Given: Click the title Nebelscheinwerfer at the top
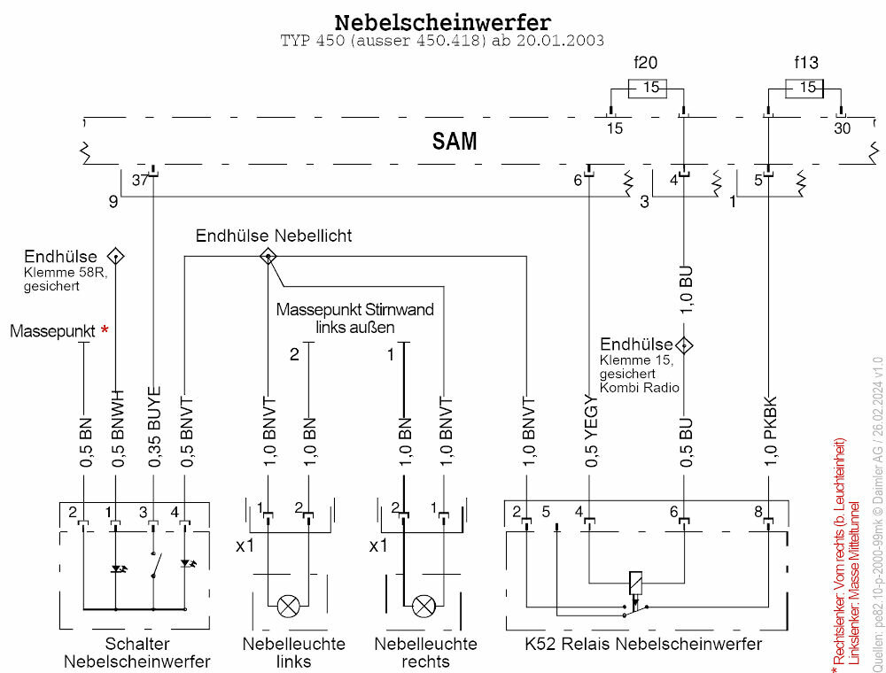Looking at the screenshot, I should point(442,21).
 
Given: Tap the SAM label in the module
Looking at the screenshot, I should point(455,141).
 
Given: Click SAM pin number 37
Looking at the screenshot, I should point(139,180).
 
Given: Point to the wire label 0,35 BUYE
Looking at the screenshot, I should point(154,427).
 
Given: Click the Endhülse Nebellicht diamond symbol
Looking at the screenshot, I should point(268,257).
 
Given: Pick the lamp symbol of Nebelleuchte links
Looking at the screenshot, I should point(288,607).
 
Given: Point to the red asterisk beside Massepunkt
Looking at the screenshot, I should point(105,331).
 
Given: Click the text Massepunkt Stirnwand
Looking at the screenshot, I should point(354,310).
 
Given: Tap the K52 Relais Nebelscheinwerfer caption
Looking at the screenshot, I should point(632,644).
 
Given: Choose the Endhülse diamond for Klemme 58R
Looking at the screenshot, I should point(116,256).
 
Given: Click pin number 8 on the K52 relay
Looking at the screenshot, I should point(758,511).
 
